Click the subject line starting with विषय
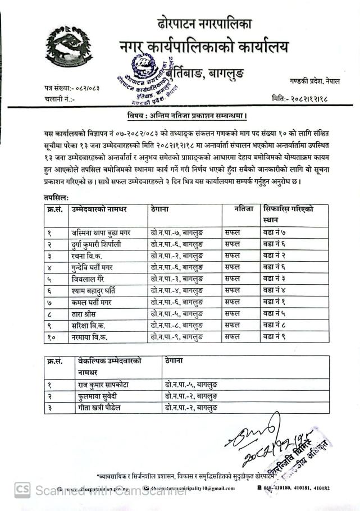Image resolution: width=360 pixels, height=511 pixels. coord(188,116)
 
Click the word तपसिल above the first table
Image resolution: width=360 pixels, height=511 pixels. coord(56,198)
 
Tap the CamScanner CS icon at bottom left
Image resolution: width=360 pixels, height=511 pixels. coord(22,489)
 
